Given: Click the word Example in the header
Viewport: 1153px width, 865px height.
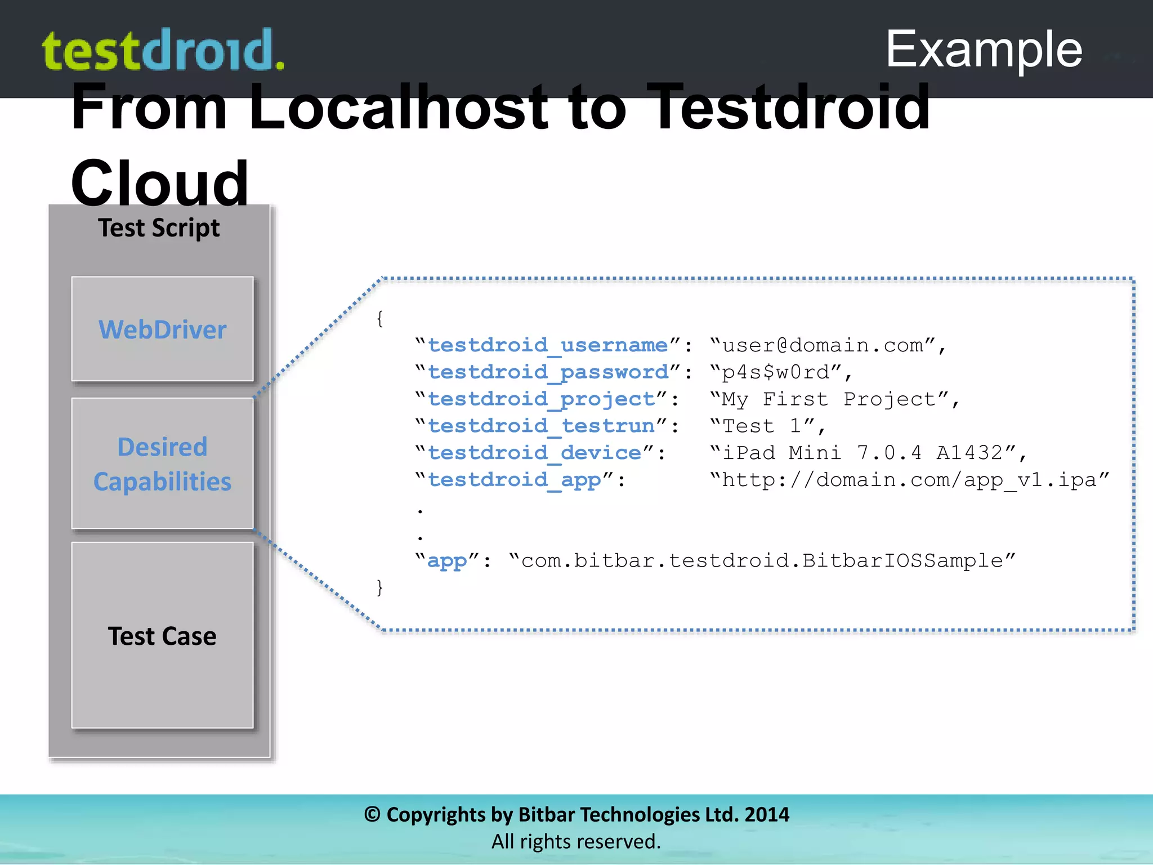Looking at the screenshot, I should point(984,50).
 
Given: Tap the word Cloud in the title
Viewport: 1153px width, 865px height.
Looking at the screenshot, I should point(159,183).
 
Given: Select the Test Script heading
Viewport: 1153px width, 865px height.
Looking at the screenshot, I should point(159,228).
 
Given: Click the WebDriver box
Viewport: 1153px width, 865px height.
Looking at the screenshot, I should point(162,329).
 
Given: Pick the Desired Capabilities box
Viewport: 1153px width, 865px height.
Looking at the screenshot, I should point(162,463).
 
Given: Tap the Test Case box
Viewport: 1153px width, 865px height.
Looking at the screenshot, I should point(162,635).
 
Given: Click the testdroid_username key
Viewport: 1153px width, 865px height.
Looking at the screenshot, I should point(547,345).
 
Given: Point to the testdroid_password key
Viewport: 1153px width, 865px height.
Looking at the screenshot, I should point(547,372).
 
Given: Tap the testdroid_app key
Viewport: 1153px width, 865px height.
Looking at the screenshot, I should point(514,480).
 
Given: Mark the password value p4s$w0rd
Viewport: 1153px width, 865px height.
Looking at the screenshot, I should point(776,372).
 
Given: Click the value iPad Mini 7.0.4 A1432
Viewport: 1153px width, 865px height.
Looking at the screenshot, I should point(862,453).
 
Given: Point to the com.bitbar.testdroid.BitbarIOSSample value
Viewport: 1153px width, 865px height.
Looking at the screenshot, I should point(762,560).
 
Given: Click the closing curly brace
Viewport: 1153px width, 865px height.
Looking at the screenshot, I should point(380,587).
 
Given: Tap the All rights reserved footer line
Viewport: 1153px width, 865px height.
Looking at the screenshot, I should point(576,841).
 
